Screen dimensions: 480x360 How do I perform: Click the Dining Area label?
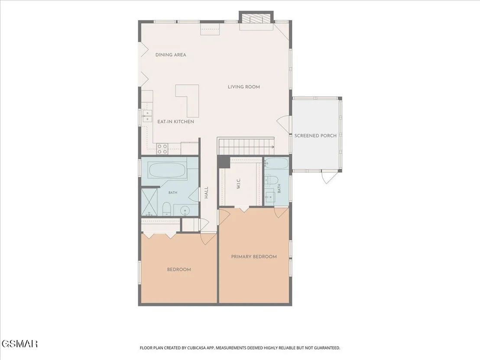pos(171,55)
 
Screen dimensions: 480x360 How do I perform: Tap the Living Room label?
pos(243,87)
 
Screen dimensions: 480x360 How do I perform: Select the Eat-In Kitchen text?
pos(176,122)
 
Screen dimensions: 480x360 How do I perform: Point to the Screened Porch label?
pos(315,136)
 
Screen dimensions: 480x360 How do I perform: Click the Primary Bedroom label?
pos(254,256)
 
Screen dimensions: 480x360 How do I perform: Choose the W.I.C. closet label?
pos(238,183)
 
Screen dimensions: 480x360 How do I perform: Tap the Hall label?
pos(206,193)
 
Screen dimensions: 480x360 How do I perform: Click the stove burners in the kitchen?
pos(162,149)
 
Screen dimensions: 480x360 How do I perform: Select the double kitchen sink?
pos(147,117)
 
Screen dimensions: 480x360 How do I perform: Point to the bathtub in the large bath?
pos(167,170)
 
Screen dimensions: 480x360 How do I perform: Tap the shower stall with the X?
pos(149,202)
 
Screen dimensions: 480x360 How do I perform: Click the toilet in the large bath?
pos(166,208)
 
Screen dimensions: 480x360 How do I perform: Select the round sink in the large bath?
pos(185,211)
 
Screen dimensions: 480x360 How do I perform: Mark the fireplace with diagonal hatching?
pos(256,19)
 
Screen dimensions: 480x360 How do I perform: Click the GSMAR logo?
pos(19,344)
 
